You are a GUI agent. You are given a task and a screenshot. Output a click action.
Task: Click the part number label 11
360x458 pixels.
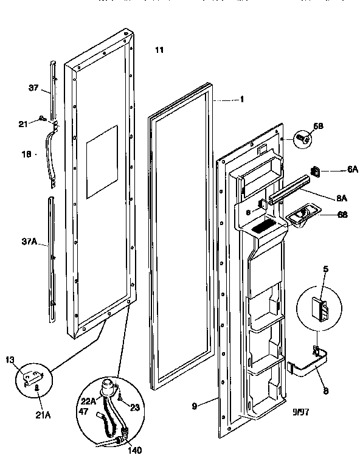tap(159, 50)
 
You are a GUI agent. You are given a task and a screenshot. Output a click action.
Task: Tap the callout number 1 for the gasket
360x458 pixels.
tap(241, 100)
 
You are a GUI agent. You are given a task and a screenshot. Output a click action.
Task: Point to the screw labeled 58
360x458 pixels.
tap(302, 138)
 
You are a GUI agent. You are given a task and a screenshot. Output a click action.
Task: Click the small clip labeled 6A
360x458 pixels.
tap(316, 172)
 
